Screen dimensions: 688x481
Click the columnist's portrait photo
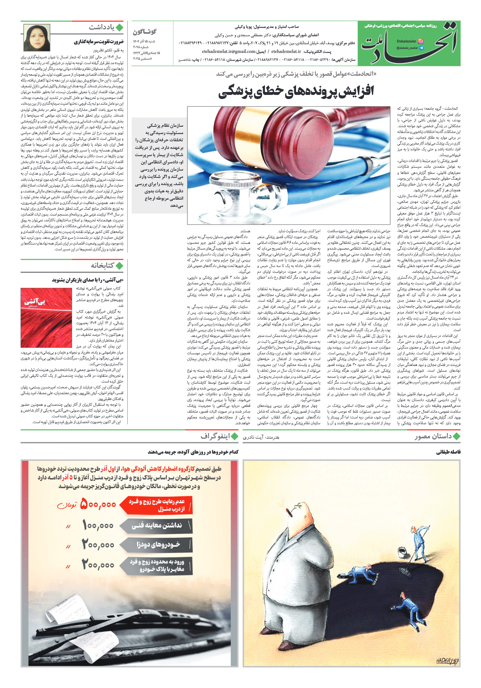click(37, 38)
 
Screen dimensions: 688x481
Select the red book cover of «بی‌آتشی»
click(46, 318)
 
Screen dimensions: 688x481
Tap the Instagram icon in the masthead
click(421, 41)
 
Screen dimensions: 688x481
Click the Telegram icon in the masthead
click(421, 48)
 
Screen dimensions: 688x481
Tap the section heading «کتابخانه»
click(102, 266)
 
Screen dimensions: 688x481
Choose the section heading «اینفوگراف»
click(215, 437)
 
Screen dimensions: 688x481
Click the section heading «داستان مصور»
click(433, 437)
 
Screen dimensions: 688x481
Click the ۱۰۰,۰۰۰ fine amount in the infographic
click(98, 525)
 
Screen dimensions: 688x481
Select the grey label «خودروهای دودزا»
click(158, 545)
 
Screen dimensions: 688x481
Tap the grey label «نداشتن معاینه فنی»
click(156, 525)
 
